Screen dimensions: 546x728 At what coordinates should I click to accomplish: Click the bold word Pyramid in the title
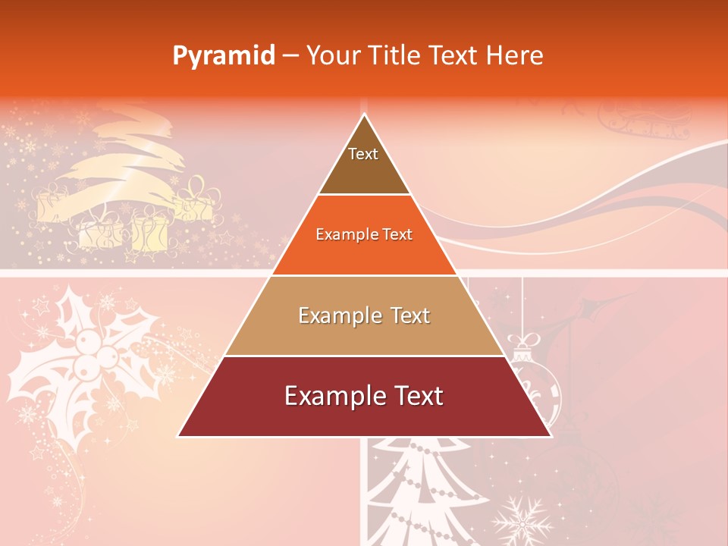click(x=223, y=55)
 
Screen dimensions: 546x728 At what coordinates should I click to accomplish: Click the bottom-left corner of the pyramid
click(x=179, y=435)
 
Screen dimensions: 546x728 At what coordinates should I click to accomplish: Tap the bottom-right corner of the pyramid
click(x=550, y=435)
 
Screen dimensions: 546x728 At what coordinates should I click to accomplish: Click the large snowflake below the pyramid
click(x=522, y=522)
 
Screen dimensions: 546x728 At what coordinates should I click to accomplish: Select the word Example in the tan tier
click(x=331, y=316)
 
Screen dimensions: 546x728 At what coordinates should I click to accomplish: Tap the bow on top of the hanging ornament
click(x=522, y=340)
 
